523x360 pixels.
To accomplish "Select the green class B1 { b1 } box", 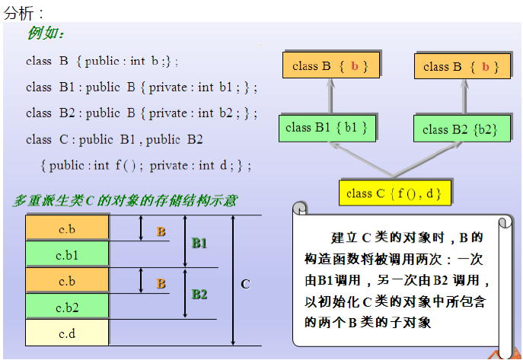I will coord(327,128).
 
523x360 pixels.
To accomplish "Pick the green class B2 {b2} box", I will coord(460,129).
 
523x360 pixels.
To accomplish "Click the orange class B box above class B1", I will coord(330,66).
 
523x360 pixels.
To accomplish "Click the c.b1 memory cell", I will coord(67,254).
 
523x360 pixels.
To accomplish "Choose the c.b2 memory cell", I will coord(67,307).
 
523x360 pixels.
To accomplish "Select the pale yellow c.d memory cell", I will coord(67,333).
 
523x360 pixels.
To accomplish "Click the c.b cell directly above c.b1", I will coord(67,228).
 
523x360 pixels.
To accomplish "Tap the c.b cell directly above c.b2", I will coord(67,281).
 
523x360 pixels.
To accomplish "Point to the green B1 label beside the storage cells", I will coord(199,243).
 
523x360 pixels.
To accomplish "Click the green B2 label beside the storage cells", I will coord(199,294).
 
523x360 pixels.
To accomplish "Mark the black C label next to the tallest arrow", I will coord(245,284).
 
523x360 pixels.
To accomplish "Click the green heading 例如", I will coord(46,33).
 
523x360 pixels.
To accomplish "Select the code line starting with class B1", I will coord(141,87).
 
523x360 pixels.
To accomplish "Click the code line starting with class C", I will coord(114,139).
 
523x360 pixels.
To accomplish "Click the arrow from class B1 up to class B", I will coord(330,96).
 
